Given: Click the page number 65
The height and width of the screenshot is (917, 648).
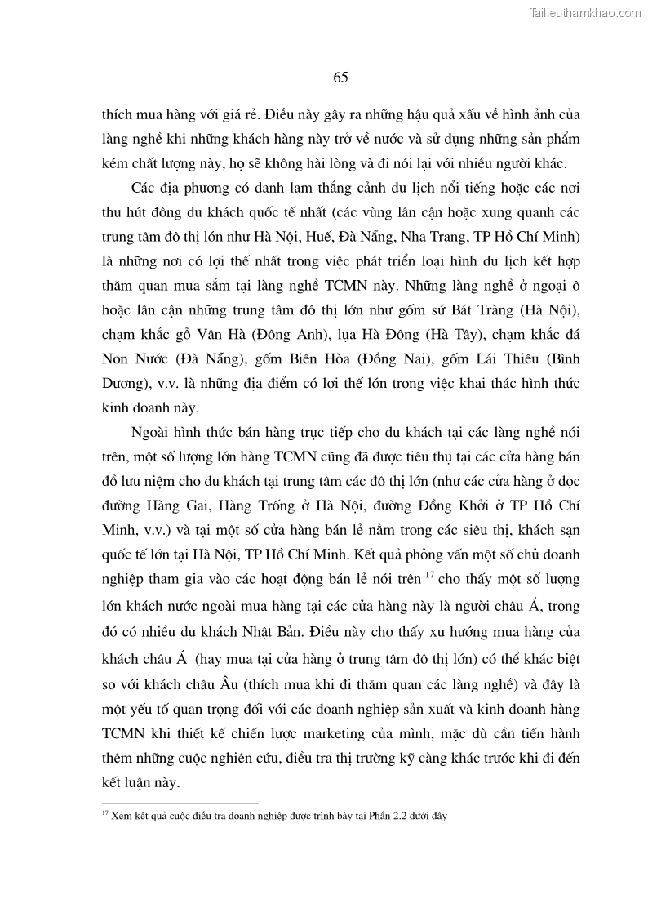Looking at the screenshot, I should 340,78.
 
